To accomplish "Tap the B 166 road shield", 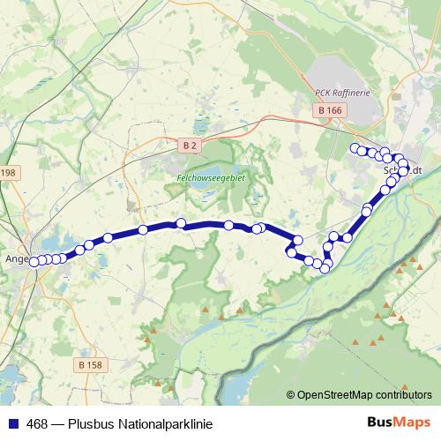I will [329, 109].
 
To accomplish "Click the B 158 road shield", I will [90, 364].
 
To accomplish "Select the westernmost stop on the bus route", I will [35, 261].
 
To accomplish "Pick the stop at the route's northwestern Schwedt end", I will [355, 148].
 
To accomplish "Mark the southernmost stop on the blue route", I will [325, 268].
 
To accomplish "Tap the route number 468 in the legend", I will [38, 424].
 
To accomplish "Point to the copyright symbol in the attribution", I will [291, 394].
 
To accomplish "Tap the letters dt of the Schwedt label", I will [417, 169].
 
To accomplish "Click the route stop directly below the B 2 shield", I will [181, 224].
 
